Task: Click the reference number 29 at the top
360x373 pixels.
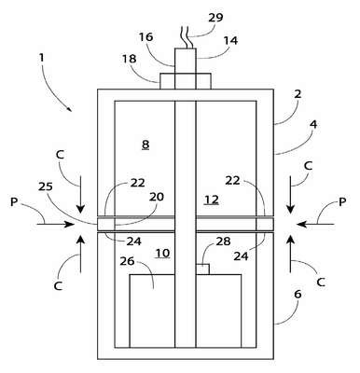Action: tap(215, 18)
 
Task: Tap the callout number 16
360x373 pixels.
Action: tap(145, 37)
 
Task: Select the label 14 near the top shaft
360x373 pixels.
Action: tap(230, 40)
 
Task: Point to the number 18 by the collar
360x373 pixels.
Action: tap(129, 59)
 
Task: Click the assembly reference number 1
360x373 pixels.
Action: tap(41, 58)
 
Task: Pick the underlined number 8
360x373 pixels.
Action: tap(145, 145)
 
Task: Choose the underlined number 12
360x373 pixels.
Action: tap(212, 200)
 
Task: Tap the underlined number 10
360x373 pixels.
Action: tap(162, 254)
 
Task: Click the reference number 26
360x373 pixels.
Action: tap(127, 261)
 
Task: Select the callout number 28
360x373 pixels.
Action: tap(223, 241)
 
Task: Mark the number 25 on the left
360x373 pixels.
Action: tap(46, 186)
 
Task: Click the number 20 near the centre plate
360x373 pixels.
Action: tap(157, 197)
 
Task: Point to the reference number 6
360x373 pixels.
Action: tap(298, 294)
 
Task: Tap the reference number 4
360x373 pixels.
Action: tap(313, 125)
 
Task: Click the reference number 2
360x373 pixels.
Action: tap(298, 94)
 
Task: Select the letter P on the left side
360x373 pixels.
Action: tap(14, 202)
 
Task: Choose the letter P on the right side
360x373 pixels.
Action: tap(342, 202)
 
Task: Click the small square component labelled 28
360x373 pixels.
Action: tap(202, 269)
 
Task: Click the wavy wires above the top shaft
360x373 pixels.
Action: tap(186, 37)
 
